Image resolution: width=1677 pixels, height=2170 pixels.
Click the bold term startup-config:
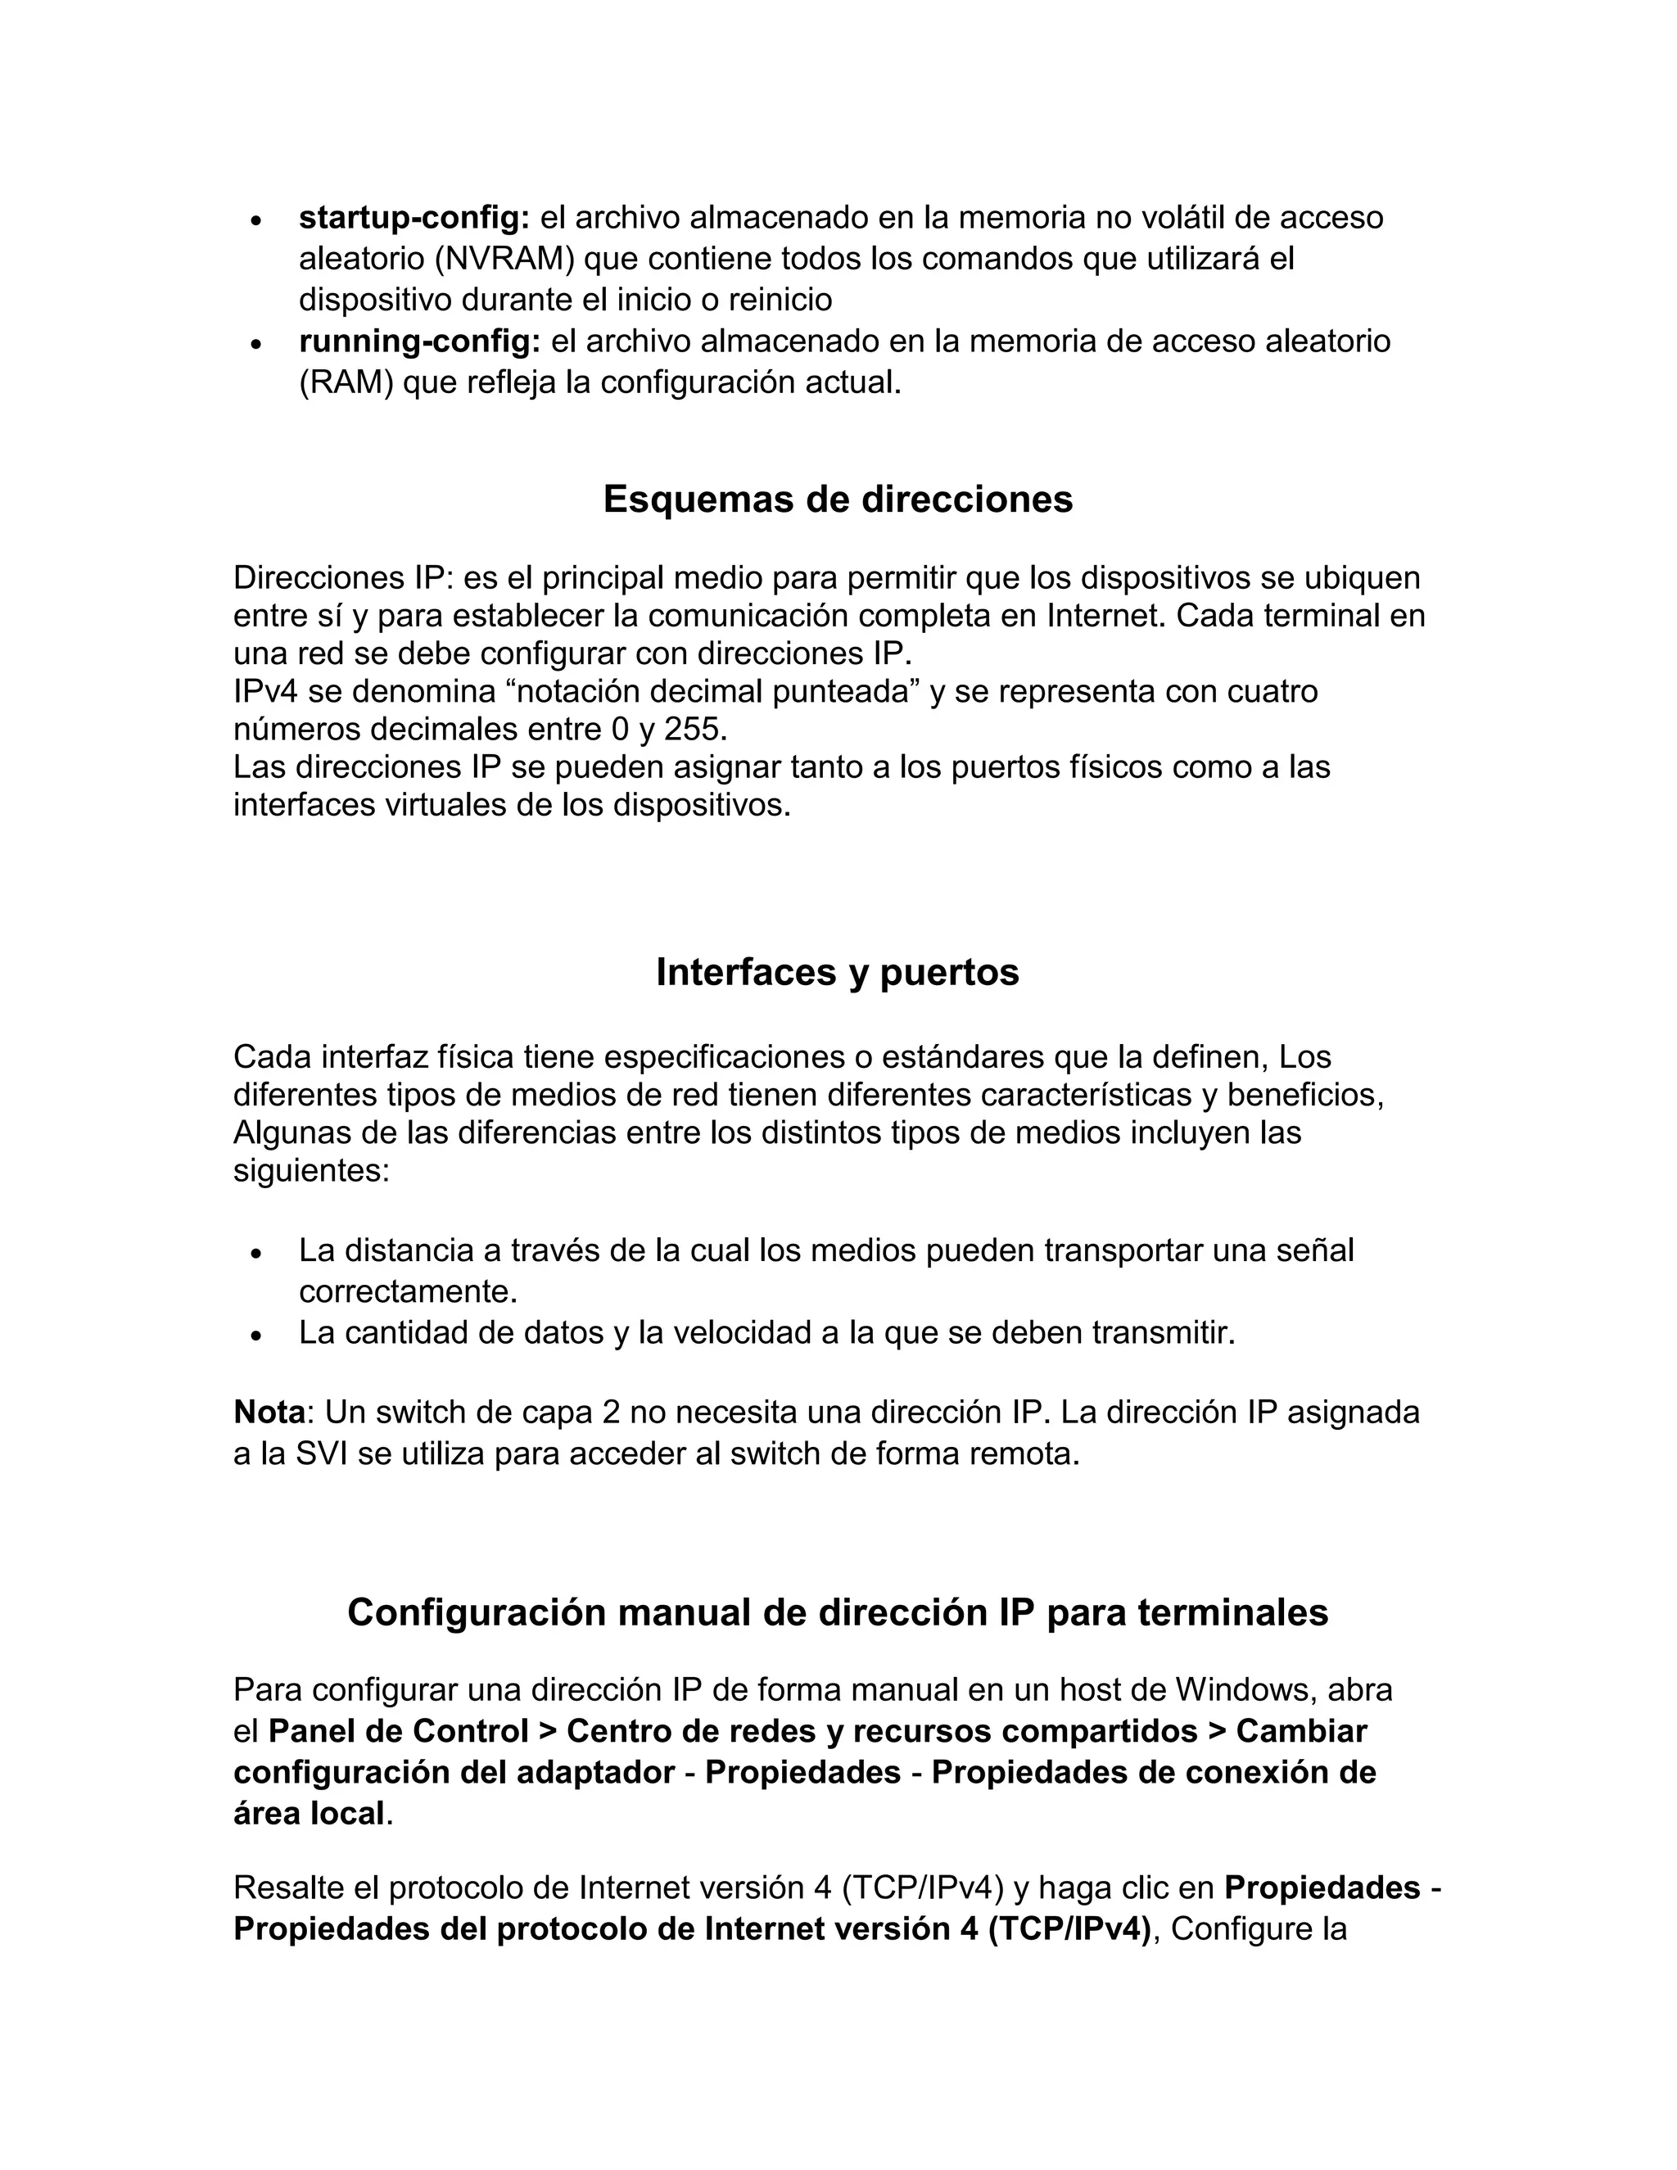pos(414,218)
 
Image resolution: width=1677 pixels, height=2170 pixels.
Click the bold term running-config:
pos(419,341)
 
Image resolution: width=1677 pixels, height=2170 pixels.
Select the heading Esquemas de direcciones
pos(838,499)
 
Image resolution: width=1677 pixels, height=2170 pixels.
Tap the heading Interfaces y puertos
pos(838,972)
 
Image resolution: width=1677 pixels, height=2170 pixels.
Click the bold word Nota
pos(269,1412)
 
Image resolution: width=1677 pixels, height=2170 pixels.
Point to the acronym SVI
pos(323,1453)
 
